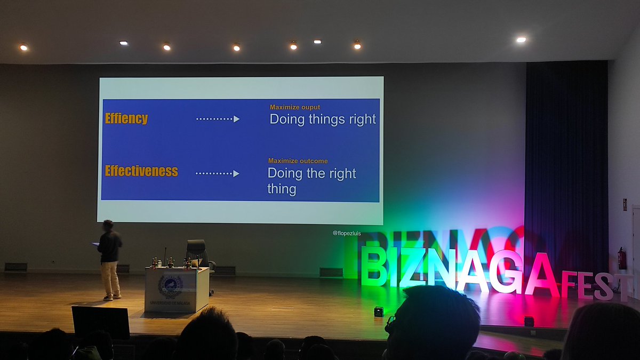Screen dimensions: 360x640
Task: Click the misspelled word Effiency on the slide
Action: (x=126, y=118)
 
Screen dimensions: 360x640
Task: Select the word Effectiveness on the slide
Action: (x=141, y=171)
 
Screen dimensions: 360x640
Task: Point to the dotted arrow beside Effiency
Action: (x=218, y=119)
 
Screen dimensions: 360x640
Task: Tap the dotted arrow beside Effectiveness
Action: (x=217, y=173)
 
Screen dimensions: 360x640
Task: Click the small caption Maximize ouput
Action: (x=295, y=107)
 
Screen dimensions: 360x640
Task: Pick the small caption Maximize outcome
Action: (x=298, y=161)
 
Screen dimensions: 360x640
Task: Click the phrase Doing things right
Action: (x=323, y=119)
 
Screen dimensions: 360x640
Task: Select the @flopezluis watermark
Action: (x=347, y=233)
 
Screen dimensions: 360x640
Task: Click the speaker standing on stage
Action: (x=110, y=259)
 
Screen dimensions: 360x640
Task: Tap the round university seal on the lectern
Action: (x=171, y=286)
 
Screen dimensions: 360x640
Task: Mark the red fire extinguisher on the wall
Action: (x=621, y=259)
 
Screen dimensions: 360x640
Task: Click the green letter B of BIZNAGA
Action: (x=374, y=267)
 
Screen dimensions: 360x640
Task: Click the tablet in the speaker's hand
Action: (x=96, y=244)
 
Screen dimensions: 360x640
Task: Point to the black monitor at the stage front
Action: (x=101, y=322)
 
